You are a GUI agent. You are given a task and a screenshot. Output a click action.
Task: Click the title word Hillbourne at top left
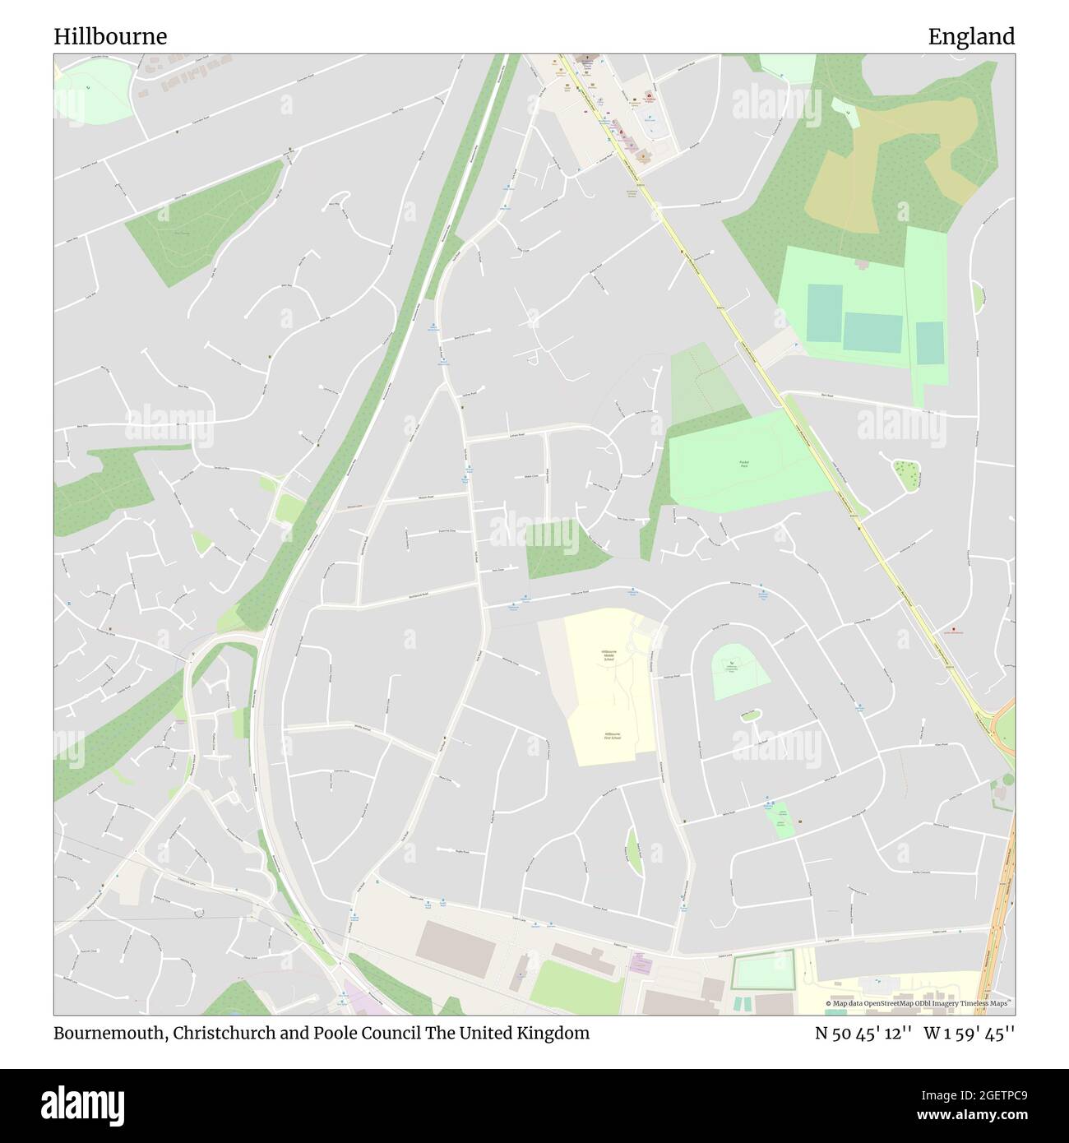coord(110,37)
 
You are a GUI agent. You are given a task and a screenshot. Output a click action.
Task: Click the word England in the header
coord(971,37)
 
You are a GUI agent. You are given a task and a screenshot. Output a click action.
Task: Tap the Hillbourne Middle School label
coord(609,655)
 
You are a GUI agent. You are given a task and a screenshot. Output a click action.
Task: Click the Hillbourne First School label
coord(611,735)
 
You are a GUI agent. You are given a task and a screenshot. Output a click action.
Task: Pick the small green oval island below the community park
coord(748,715)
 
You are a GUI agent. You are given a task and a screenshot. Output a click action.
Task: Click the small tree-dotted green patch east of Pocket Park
coord(907,474)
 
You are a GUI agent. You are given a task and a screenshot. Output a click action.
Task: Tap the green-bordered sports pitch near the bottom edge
coord(763,971)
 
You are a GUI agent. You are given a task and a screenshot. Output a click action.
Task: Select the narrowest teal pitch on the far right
coord(929,343)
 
